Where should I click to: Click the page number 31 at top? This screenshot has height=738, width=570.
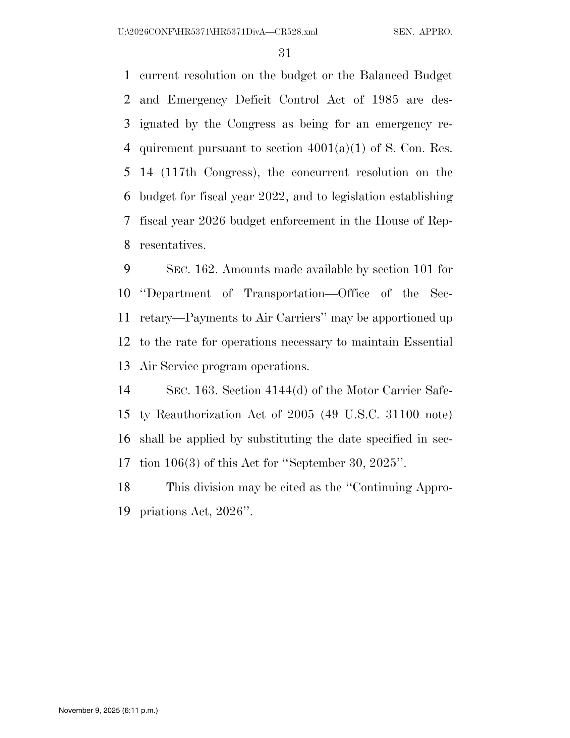(x=285, y=53)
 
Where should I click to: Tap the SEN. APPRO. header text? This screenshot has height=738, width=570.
(x=422, y=32)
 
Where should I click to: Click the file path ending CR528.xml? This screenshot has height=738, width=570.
(x=218, y=32)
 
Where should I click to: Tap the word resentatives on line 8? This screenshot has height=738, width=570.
(x=173, y=245)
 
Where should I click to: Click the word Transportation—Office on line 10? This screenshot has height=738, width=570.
(x=306, y=293)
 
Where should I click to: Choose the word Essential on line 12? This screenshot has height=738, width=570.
(x=428, y=342)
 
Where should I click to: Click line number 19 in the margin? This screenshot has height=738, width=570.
(x=124, y=512)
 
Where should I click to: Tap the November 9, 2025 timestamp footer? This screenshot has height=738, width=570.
(x=108, y=710)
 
